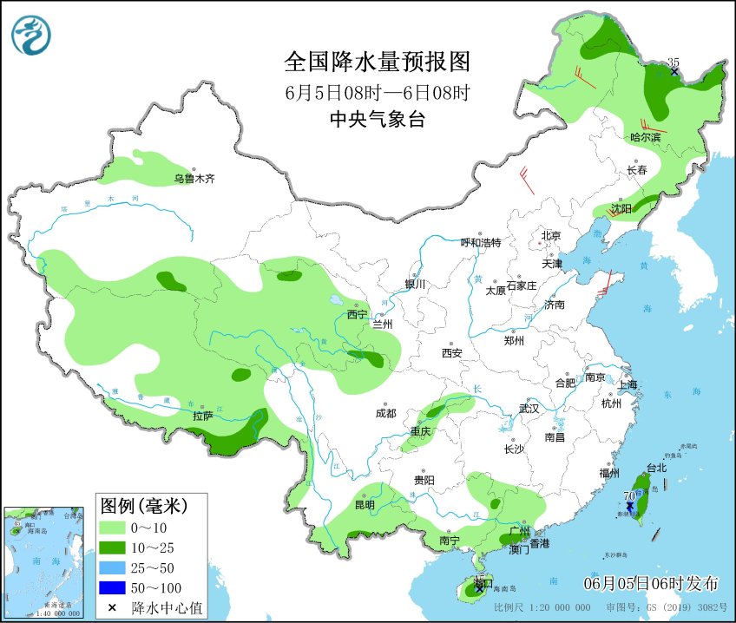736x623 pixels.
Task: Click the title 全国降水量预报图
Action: click(x=377, y=62)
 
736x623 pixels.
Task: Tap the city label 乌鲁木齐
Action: click(x=192, y=179)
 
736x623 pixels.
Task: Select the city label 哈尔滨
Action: click(x=645, y=137)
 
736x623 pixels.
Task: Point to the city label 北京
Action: click(x=551, y=236)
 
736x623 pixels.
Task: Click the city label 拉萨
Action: click(x=202, y=416)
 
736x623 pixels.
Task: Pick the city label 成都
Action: click(x=386, y=414)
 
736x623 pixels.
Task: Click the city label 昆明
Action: click(x=365, y=505)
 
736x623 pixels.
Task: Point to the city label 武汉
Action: click(x=529, y=408)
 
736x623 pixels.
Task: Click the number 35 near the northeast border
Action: click(x=673, y=62)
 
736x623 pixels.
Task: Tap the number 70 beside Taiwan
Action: click(x=628, y=495)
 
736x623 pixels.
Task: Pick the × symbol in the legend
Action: click(x=113, y=608)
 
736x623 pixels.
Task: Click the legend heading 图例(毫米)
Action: click(x=142, y=505)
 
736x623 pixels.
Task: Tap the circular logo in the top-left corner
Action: click(x=31, y=36)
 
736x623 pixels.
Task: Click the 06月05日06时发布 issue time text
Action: click(x=650, y=581)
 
